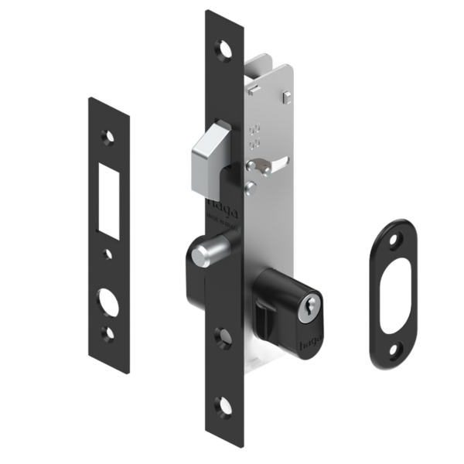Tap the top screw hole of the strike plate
[x=109, y=137]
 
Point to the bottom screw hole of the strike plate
[x=109, y=333]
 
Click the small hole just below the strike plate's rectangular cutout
[x=109, y=254]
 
